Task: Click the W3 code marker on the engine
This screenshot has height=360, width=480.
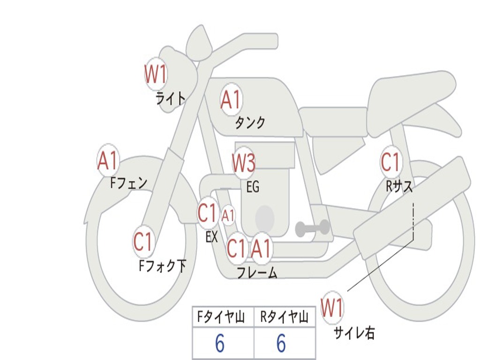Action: (244, 163)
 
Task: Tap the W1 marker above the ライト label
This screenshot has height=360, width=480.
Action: (156, 74)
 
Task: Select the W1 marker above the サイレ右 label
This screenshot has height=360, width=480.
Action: (332, 308)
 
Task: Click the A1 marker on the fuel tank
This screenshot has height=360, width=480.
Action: (231, 99)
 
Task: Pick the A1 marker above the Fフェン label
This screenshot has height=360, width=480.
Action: (108, 160)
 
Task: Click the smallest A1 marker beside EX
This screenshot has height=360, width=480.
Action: (228, 216)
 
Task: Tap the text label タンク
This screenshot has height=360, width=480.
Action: (250, 123)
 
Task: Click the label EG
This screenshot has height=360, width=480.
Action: (253, 187)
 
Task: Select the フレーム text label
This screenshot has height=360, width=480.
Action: (257, 272)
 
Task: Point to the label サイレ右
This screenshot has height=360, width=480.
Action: (354, 333)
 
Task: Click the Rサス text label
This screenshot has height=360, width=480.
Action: (399, 187)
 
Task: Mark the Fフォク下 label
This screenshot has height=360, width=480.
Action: (162, 266)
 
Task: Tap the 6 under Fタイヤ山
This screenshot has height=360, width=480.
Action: (219, 344)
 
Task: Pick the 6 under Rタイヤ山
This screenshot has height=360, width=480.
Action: (281, 344)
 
